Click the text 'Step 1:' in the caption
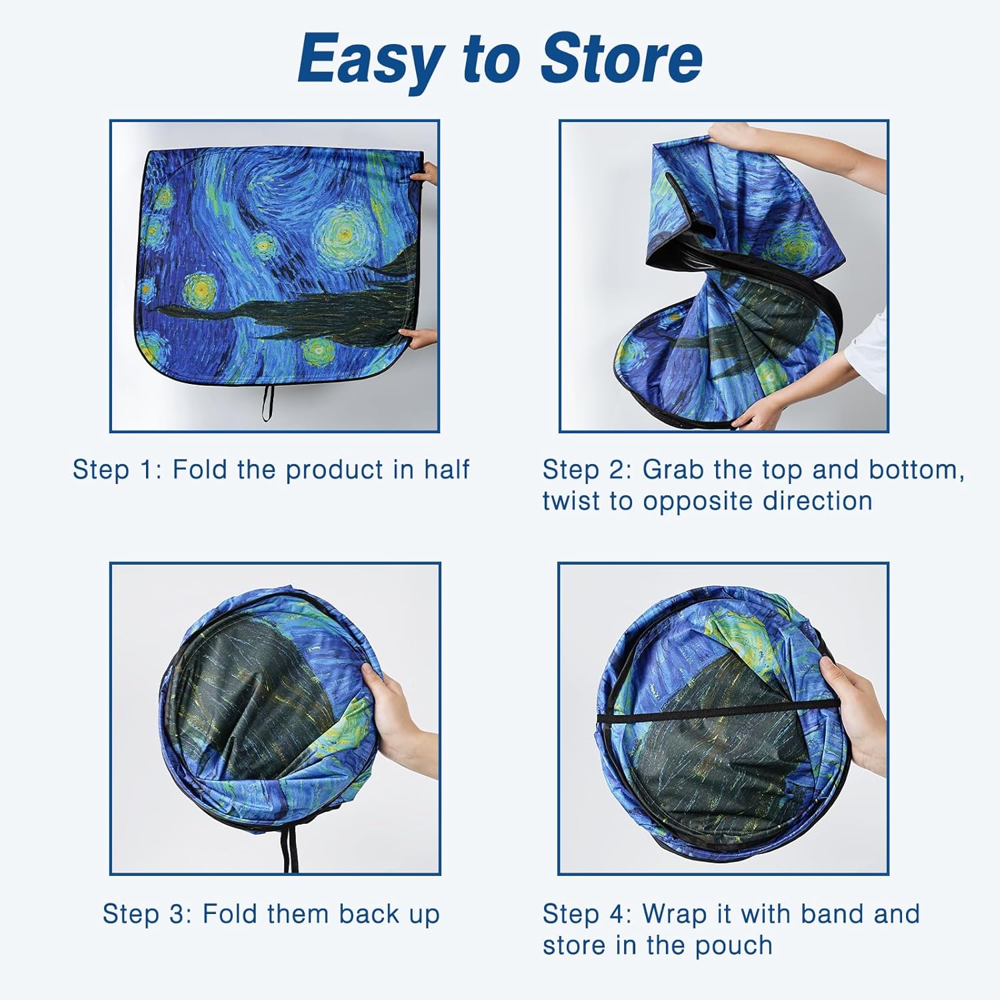tap(117, 470)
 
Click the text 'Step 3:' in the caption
tap(147, 914)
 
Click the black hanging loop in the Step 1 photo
tap(267, 402)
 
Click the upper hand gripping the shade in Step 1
tap(425, 175)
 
